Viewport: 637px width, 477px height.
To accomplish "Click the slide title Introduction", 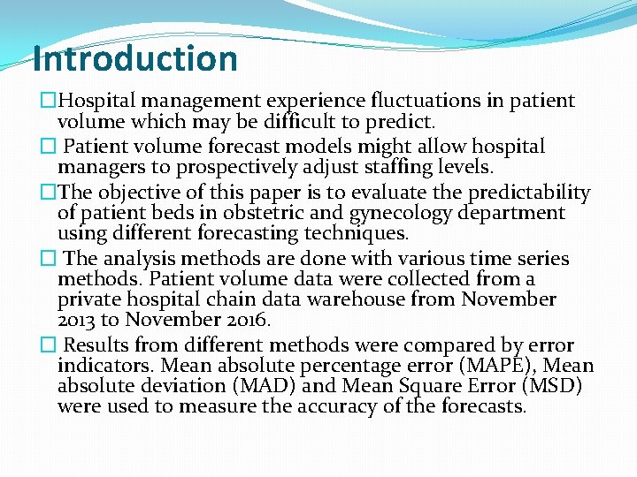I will [134, 59].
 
